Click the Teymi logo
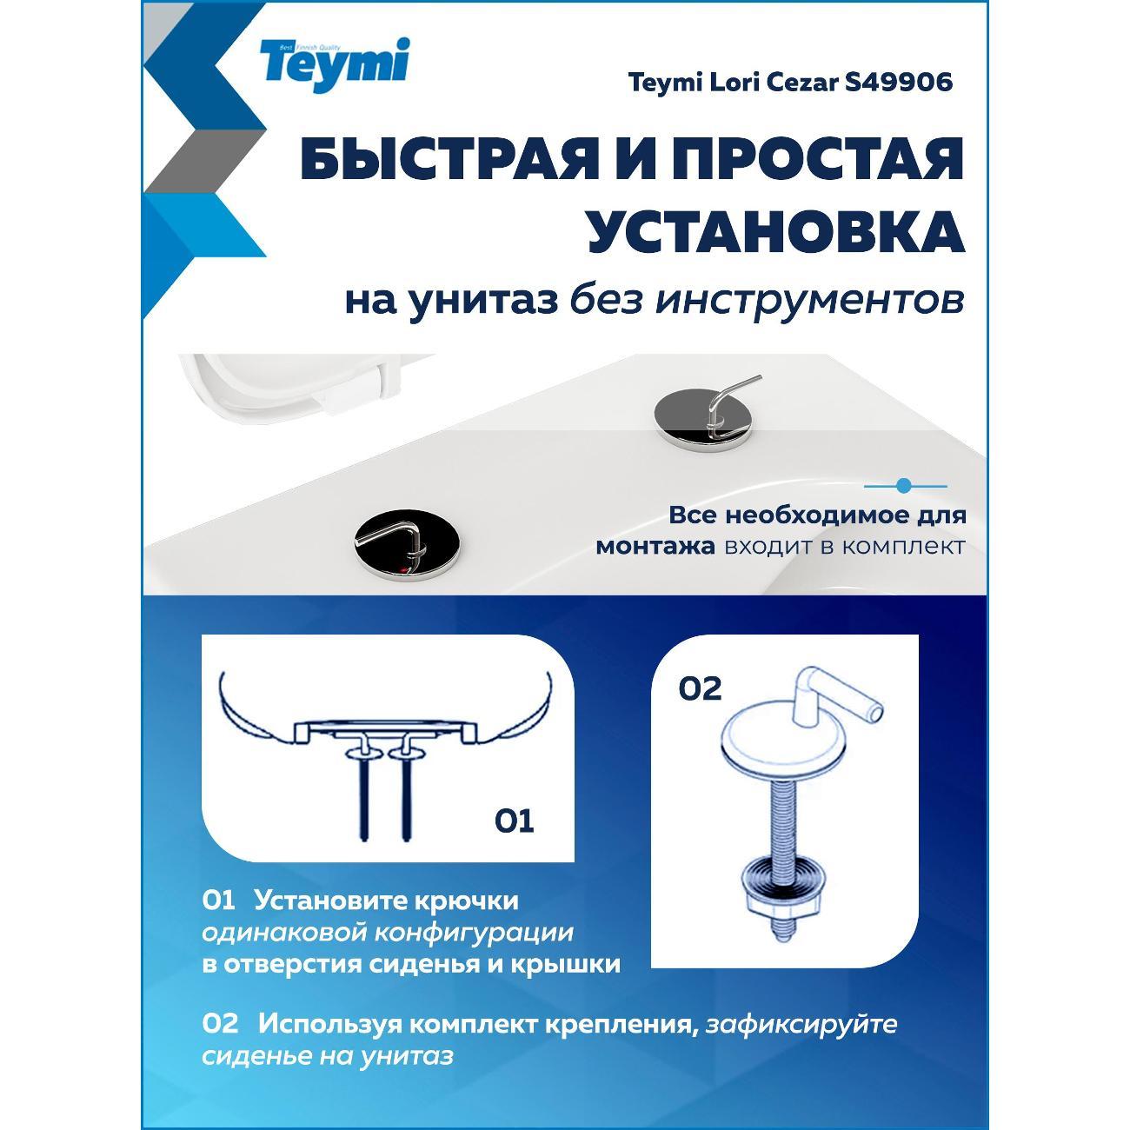335,65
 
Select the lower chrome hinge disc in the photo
407,545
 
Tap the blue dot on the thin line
904,486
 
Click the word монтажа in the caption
655,547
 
